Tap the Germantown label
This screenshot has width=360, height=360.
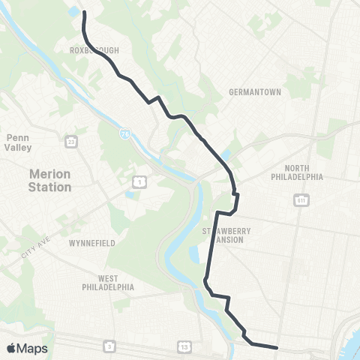[254, 92]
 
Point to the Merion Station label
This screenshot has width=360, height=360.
[49, 180]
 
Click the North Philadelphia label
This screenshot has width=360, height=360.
[298, 172]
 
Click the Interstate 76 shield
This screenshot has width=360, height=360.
[124, 133]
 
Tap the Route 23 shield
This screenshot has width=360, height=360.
[70, 140]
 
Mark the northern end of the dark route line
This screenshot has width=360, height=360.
[82, 13]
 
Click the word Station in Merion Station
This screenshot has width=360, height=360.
[49, 187]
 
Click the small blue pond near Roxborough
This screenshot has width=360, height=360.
[75, 13]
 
